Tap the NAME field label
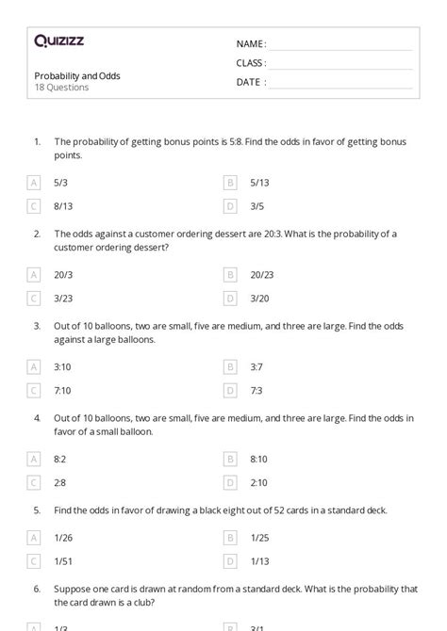pyautogui.click(x=251, y=44)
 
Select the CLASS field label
pyautogui.click(x=251, y=63)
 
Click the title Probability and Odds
pyautogui.click(x=77, y=75)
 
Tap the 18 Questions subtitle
pyautogui.click(x=61, y=88)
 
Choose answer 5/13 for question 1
pyautogui.click(x=259, y=183)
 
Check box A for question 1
pyautogui.click(x=35, y=183)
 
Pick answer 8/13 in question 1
pyautogui.click(x=63, y=205)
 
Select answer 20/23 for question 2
pyautogui.click(x=262, y=275)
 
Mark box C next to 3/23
pyautogui.click(x=35, y=298)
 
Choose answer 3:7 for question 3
pyautogui.click(x=257, y=366)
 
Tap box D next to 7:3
pyautogui.click(x=230, y=390)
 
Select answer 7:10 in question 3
pyautogui.click(x=63, y=390)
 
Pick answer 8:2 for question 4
pyautogui.click(x=60, y=459)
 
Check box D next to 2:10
pyautogui.click(x=230, y=482)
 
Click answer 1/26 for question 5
pyautogui.click(x=63, y=538)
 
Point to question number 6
pyautogui.click(x=37, y=589)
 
